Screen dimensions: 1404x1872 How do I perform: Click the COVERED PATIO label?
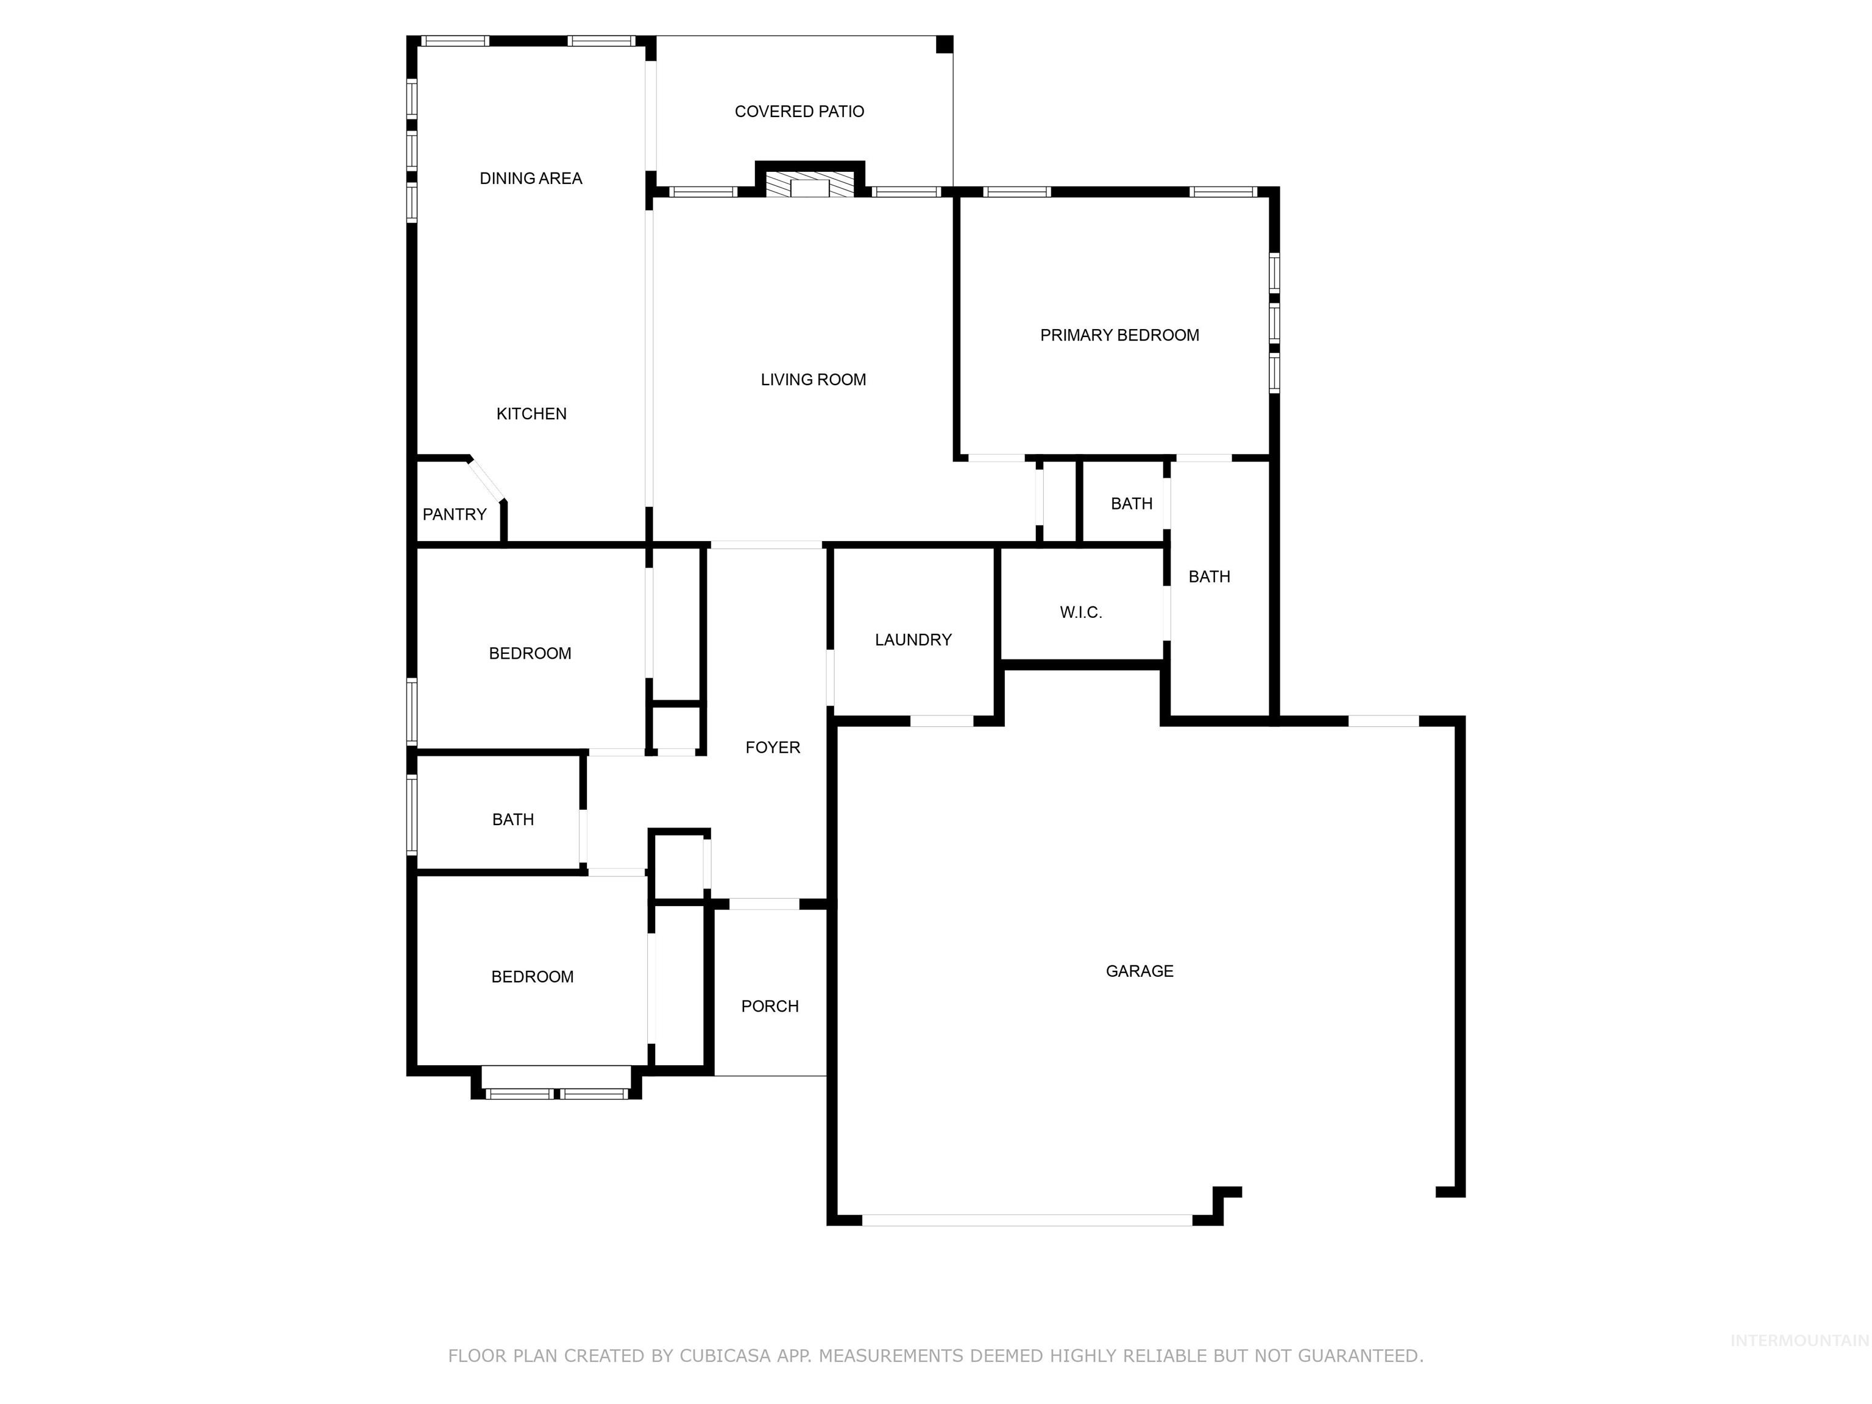click(799, 112)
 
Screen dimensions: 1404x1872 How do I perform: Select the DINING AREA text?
click(531, 179)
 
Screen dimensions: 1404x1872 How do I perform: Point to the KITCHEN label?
click(531, 414)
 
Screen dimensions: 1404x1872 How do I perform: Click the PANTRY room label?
click(455, 514)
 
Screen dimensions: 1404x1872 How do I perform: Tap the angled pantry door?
click(487, 480)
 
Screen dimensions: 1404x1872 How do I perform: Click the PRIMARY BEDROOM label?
click(1119, 335)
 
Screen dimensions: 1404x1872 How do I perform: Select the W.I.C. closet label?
click(1080, 612)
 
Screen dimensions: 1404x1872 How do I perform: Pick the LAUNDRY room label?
click(913, 640)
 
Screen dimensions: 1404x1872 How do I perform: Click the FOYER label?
click(773, 747)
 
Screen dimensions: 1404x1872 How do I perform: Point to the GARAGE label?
click(1139, 971)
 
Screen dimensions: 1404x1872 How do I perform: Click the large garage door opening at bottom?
click(1027, 1221)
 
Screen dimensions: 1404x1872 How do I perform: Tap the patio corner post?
click(945, 44)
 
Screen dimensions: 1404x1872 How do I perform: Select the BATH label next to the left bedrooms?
click(513, 819)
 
